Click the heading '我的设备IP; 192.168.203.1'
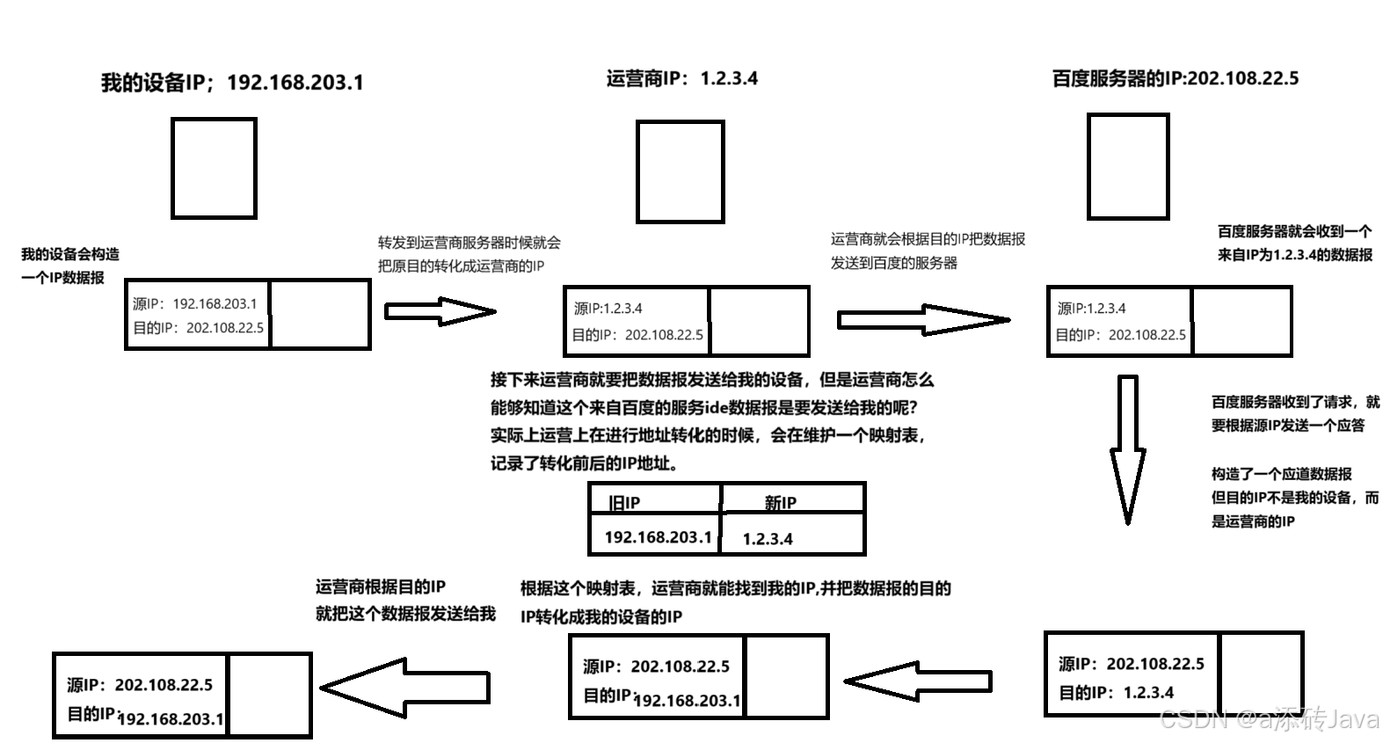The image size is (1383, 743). click(x=232, y=83)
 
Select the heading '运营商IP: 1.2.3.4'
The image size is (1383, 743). click(x=681, y=78)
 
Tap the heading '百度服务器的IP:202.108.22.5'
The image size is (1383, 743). click(x=1175, y=78)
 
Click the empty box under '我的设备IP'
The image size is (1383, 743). click(x=214, y=168)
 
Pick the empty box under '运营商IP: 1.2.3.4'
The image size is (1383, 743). click(x=680, y=171)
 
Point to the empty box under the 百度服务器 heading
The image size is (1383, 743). click(x=1128, y=165)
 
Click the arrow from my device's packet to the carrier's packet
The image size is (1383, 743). click(x=440, y=311)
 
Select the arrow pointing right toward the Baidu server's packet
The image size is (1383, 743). click(x=922, y=320)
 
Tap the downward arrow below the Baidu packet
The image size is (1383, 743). click(x=1127, y=448)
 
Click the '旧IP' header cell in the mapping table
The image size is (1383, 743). click(x=654, y=501)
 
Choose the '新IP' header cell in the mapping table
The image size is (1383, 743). click(x=791, y=502)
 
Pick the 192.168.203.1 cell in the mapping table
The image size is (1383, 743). click(x=656, y=536)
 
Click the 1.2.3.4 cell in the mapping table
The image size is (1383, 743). click(x=791, y=538)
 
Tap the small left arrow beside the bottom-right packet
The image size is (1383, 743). click(x=917, y=681)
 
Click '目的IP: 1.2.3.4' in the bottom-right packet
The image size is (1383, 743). click(x=1116, y=692)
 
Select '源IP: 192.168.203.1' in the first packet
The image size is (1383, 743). click(x=195, y=303)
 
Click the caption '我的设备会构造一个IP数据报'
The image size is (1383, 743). click(x=70, y=266)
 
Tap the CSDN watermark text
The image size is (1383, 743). click(x=1269, y=719)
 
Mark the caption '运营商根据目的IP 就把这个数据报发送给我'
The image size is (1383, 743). click(x=405, y=600)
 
